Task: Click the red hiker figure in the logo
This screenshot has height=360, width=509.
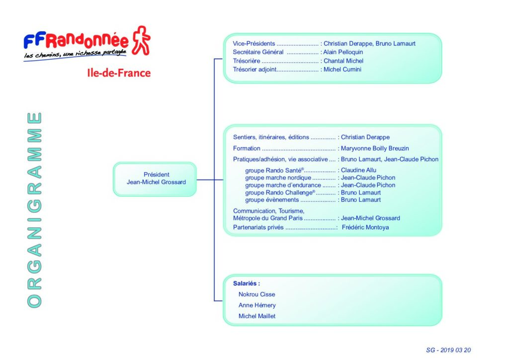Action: (141, 40)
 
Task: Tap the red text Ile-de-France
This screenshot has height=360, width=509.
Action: (119, 73)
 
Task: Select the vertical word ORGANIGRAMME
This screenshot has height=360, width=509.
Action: (34, 210)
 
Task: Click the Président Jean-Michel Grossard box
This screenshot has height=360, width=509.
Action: (155, 179)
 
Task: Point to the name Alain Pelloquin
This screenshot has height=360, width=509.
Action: (343, 52)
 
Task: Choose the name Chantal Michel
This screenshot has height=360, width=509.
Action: (343, 61)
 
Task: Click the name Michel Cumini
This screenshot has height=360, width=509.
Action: (342, 69)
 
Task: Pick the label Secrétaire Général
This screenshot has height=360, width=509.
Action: (258, 52)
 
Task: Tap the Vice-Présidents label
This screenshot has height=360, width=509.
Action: (254, 43)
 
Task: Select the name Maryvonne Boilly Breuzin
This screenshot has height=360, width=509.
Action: (375, 148)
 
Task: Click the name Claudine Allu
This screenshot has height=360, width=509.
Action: (359, 170)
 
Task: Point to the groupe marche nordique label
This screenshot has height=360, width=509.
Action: (278, 178)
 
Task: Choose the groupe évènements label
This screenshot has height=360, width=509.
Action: (272, 199)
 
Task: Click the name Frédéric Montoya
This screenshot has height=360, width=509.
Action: (365, 227)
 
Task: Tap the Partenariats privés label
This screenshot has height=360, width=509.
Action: (258, 227)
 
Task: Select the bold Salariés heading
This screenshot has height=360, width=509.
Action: (247, 283)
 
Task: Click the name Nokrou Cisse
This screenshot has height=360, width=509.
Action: (257, 294)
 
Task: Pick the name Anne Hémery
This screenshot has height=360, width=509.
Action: (257, 305)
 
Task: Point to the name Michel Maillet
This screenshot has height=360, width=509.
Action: (257, 316)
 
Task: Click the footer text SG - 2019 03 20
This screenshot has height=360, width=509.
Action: (448, 350)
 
